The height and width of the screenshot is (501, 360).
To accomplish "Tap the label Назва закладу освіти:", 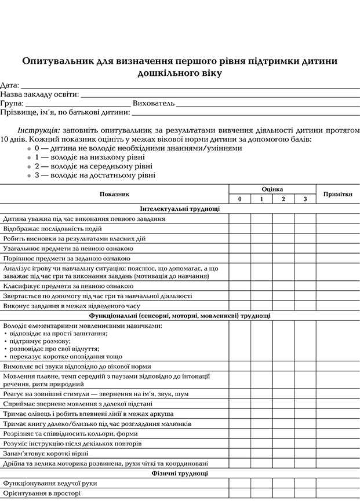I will pyautogui.click(x=39, y=94).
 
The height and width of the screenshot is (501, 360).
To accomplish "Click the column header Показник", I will pyautogui.click(x=114, y=195).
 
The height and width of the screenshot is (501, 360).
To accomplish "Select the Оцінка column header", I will pyautogui.click(x=272, y=189).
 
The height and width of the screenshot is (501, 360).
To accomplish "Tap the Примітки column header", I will pyautogui.click(x=337, y=195).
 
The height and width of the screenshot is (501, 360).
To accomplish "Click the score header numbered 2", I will pyautogui.click(x=283, y=199).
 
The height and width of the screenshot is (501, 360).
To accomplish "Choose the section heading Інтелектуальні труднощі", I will pyautogui.click(x=180, y=209).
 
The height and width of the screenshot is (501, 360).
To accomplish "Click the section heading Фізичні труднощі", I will pyautogui.click(x=180, y=473).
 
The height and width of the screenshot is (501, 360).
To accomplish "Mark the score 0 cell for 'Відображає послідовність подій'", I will pyautogui.click(x=239, y=229).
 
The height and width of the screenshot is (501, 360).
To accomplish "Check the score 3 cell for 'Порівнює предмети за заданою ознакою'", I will pyautogui.click(x=304, y=258).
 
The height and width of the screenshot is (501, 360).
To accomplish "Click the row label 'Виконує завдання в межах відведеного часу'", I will pyautogui.click(x=72, y=306).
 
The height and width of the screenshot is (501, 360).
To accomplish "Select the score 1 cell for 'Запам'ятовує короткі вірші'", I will pyautogui.click(x=261, y=454).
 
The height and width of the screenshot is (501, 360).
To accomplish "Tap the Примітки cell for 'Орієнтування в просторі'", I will pyautogui.click(x=337, y=493).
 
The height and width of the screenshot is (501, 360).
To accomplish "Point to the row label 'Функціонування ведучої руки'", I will pyautogui.click(x=50, y=483).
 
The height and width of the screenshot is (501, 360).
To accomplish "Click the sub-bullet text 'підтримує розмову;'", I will pyautogui.click(x=39, y=341).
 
